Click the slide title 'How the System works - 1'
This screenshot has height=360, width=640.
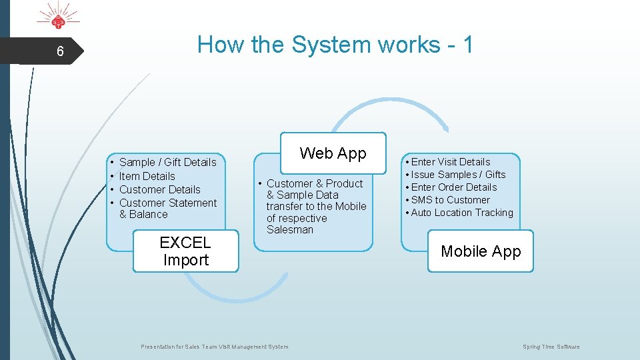coord(335,45)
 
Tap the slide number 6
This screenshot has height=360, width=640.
coord(60,51)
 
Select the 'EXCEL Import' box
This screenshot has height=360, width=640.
coord(185,251)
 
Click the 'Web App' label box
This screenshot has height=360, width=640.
coord(333,153)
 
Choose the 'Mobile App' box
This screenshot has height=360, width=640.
coord(480,251)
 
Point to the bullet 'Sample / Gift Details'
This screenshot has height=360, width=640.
coord(167,162)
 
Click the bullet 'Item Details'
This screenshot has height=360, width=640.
coord(147,176)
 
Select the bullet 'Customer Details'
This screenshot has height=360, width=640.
coord(159,189)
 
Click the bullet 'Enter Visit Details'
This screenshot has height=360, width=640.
coord(450,162)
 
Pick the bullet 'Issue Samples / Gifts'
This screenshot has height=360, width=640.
coord(458,175)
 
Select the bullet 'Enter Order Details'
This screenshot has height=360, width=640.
coord(453,187)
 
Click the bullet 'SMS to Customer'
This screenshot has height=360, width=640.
coord(450,200)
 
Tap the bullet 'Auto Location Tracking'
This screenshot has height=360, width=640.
coord(461,213)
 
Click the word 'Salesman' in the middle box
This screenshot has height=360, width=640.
coord(289,229)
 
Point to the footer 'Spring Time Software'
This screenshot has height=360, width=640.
coord(551,347)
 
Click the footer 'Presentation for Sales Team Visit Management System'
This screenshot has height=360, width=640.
coord(215,347)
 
